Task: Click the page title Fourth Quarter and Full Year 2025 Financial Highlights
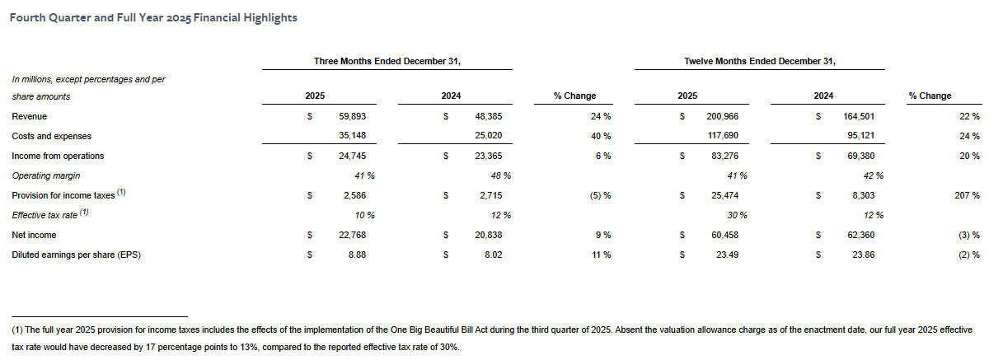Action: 153,17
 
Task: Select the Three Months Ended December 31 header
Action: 387,61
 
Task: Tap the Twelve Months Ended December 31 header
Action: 759,61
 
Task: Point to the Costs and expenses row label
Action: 51,136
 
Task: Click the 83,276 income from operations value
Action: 723,156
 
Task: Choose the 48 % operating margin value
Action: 500,175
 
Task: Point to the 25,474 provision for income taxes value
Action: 723,195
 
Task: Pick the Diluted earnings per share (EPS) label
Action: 76,255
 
